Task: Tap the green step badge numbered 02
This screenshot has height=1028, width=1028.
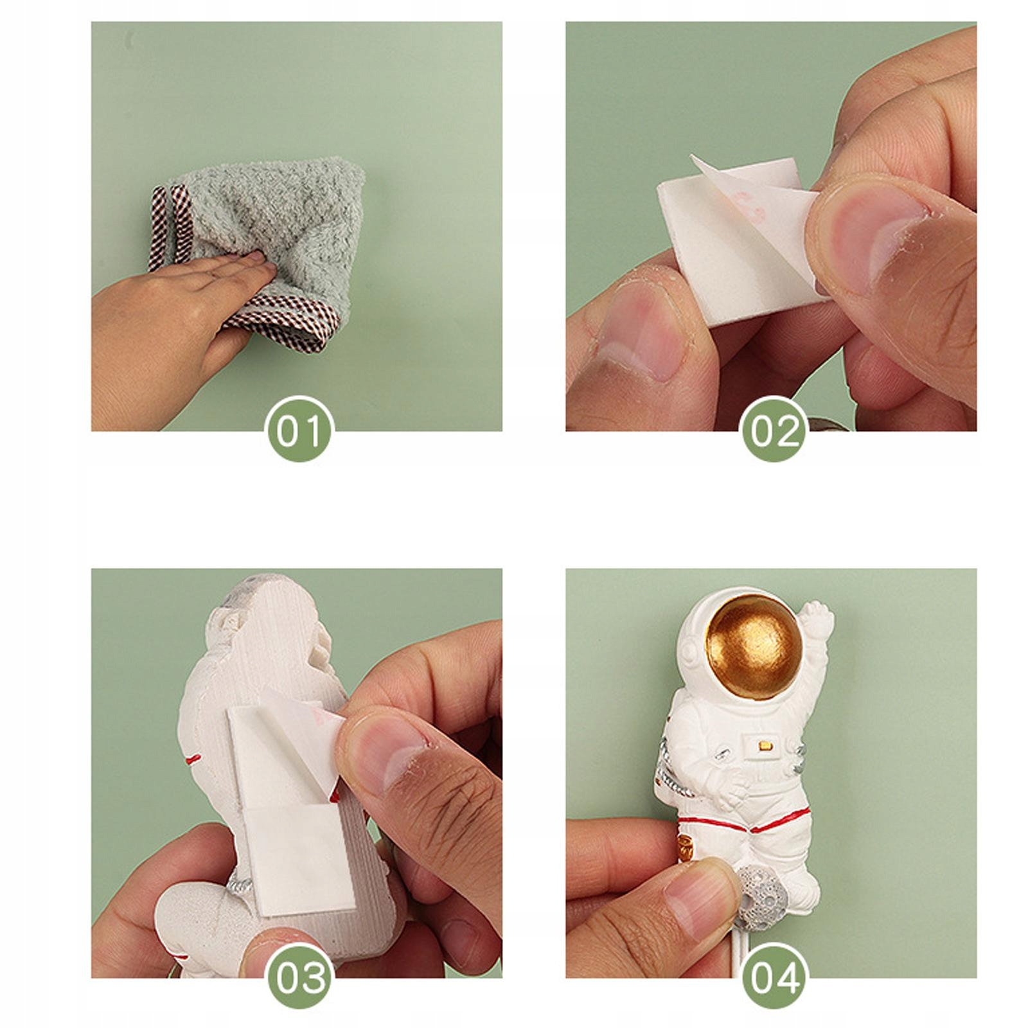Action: click(x=774, y=429)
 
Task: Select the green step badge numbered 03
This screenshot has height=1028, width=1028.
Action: click(x=300, y=977)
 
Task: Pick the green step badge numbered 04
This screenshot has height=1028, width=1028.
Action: click(x=774, y=977)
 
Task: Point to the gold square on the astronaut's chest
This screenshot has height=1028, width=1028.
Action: click(x=765, y=746)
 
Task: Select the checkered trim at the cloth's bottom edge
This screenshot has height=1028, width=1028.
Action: click(x=283, y=324)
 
